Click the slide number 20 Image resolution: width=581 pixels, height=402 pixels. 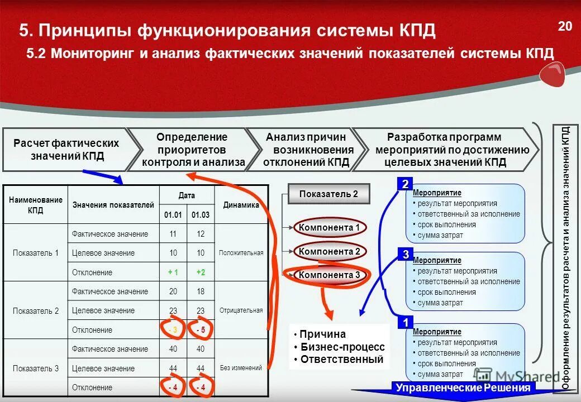click(565, 26)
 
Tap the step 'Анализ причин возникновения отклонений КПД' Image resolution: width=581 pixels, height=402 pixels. click(307, 150)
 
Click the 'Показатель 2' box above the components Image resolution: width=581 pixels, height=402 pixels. click(328, 194)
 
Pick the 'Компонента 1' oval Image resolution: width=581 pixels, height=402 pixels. click(329, 227)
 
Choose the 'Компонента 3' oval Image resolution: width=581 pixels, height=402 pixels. click(329, 275)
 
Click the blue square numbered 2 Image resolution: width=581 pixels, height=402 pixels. click(405, 184)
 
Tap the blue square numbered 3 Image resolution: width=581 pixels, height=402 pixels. click(405, 255)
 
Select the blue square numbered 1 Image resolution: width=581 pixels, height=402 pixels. click(405, 323)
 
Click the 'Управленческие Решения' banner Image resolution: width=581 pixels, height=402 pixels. click(463, 388)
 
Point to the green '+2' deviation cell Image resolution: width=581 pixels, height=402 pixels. click(201, 272)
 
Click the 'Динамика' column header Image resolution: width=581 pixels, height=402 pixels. click(241, 205)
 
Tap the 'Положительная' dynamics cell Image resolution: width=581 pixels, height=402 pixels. click(241, 253)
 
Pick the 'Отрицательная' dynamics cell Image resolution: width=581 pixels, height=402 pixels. click(241, 310)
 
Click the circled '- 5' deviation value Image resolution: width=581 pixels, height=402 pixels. click(201, 330)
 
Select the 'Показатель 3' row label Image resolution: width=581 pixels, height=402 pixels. click(35, 368)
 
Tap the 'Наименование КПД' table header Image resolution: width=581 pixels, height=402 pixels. click(35, 205)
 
